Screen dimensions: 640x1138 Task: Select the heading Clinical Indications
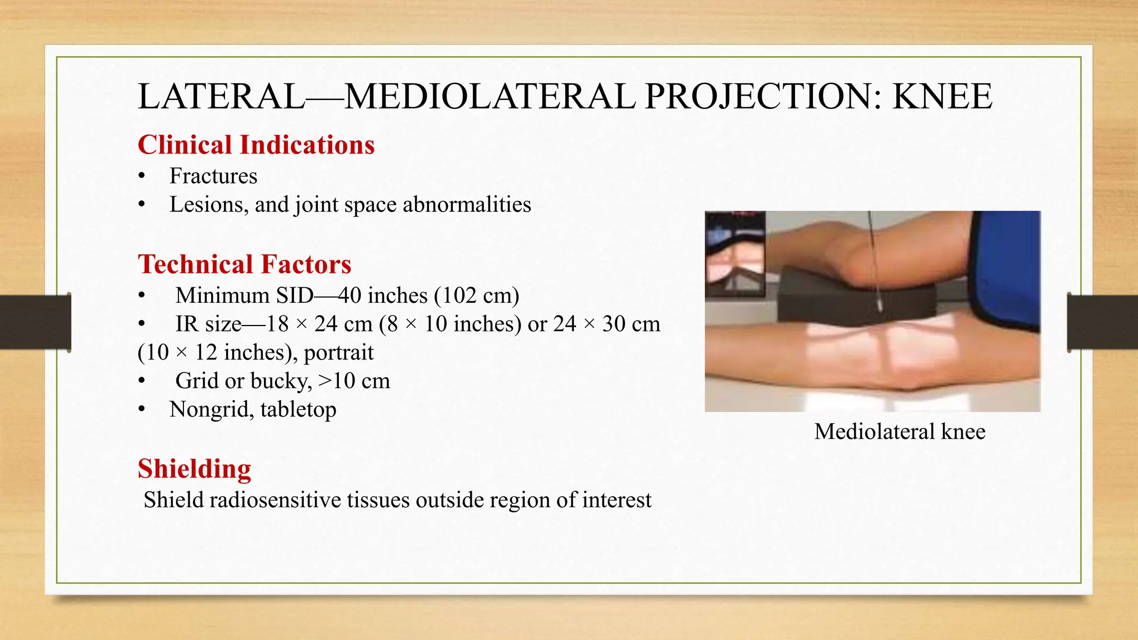tap(256, 145)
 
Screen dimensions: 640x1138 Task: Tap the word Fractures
tap(213, 176)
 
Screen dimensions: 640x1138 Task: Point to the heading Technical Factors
tap(244, 264)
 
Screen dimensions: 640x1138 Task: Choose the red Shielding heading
tap(194, 469)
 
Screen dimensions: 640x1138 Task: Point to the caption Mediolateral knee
tap(900, 432)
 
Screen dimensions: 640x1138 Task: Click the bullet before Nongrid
tap(142, 410)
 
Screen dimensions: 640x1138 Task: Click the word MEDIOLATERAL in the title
tap(490, 97)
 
